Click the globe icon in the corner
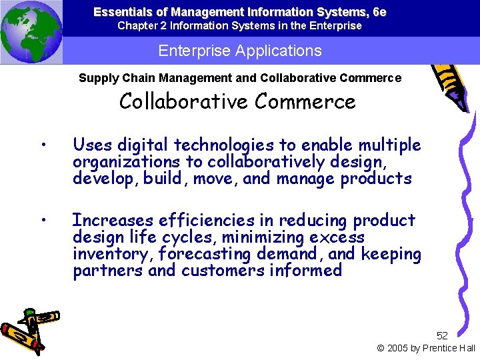click(31, 31)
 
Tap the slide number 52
click(442, 335)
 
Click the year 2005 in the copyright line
click(399, 348)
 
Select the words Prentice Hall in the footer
click(449, 348)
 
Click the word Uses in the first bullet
click(93, 145)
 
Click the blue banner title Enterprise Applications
click(239, 51)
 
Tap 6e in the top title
click(379, 12)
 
